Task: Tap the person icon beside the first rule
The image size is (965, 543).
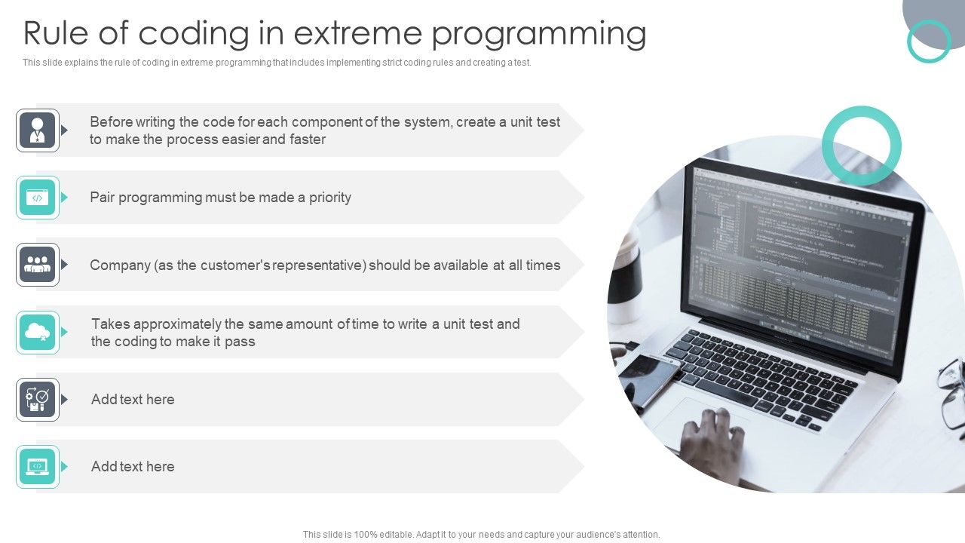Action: (x=38, y=130)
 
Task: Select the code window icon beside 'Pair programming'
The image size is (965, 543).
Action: (x=38, y=198)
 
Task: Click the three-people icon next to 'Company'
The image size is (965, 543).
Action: (x=38, y=265)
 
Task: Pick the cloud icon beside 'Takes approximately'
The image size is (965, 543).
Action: (x=38, y=332)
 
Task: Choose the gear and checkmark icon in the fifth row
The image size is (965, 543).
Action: (x=38, y=399)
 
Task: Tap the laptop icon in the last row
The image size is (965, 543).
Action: (x=38, y=467)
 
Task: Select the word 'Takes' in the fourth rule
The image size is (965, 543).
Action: (x=110, y=324)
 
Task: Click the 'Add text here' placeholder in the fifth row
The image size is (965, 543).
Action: (x=133, y=400)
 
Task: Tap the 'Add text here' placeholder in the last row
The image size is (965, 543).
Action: (x=133, y=467)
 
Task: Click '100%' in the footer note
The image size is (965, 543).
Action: (x=395, y=535)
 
